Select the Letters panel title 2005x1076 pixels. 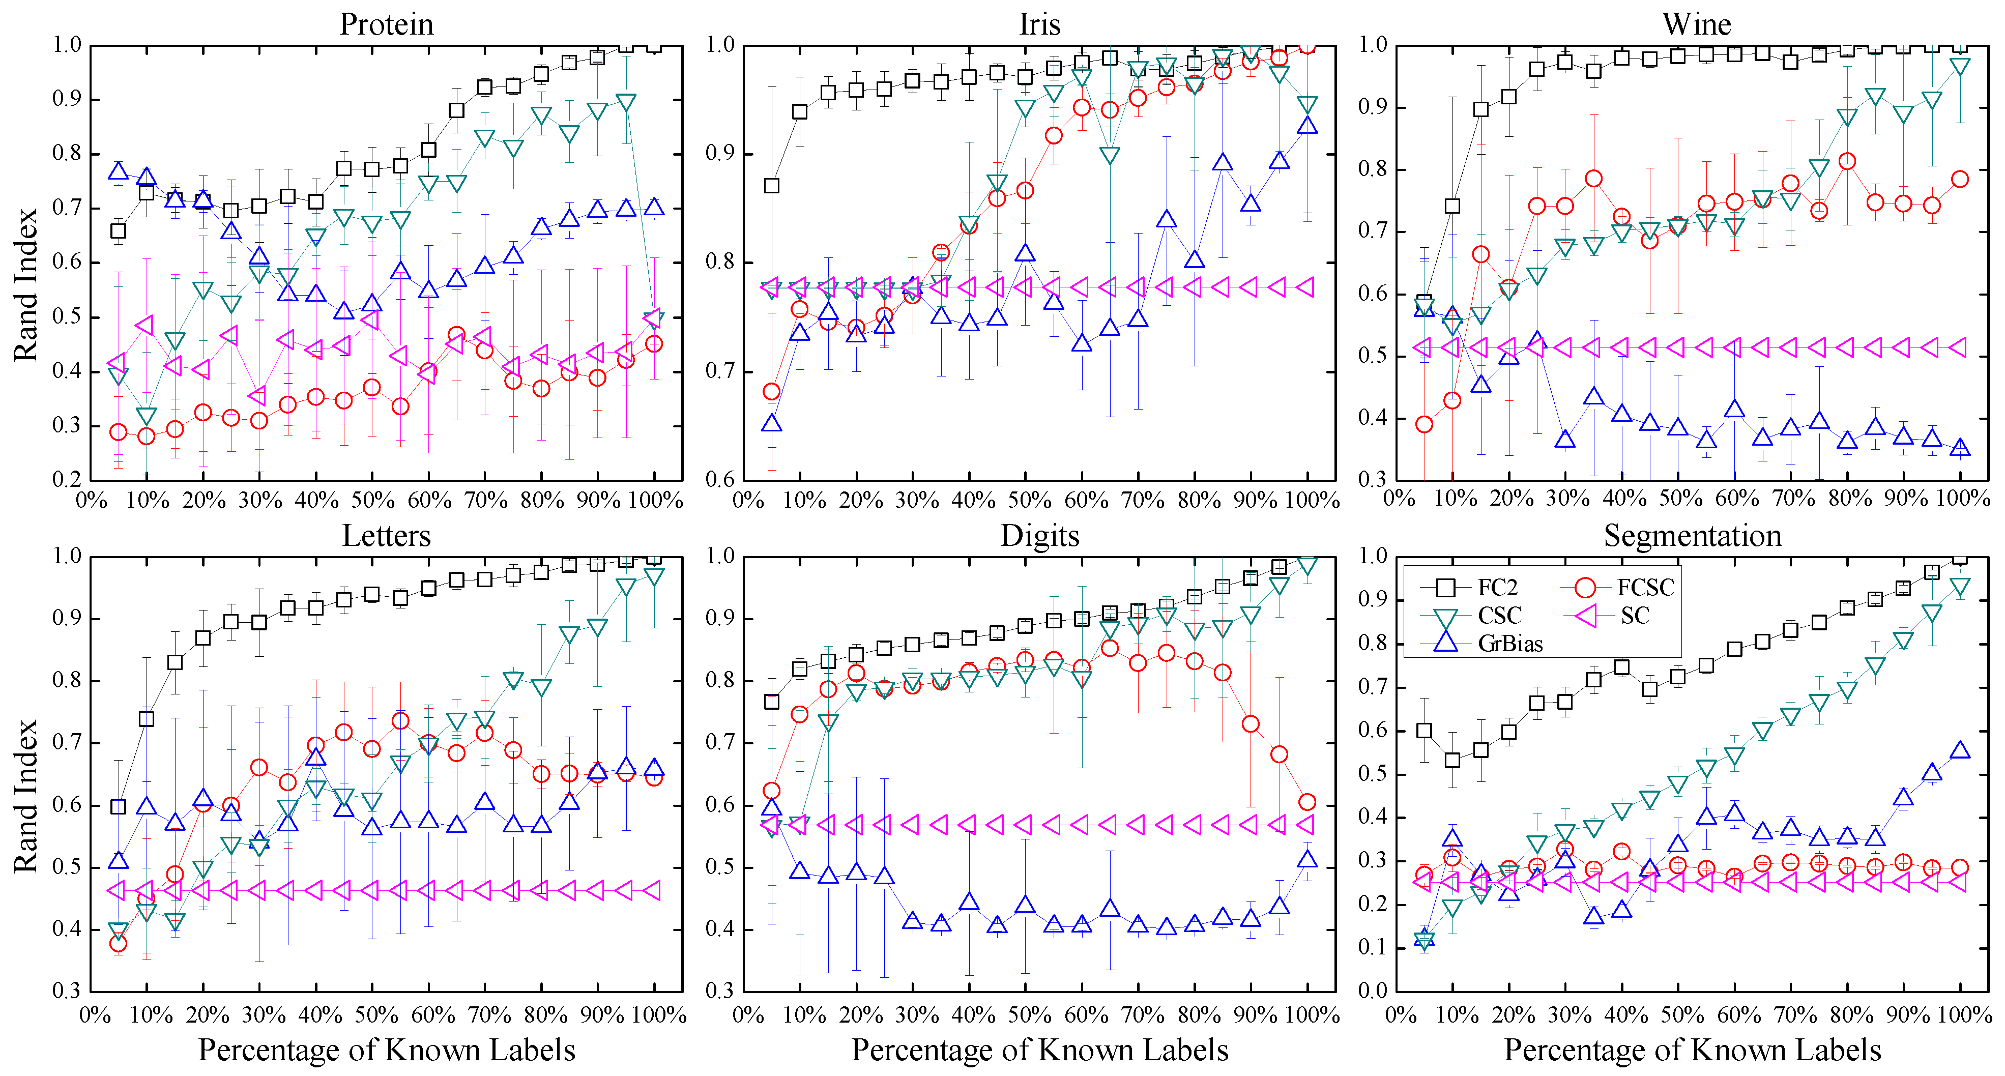[386, 536]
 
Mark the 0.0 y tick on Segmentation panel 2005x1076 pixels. [1373, 991]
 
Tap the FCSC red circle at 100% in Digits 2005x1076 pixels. [1307, 802]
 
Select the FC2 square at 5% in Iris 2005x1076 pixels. [771, 185]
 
